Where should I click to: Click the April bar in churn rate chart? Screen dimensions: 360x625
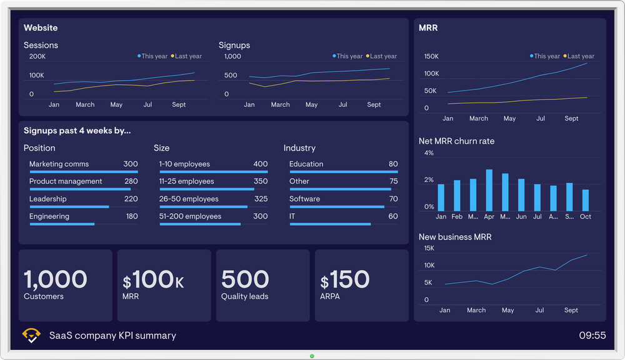(489, 191)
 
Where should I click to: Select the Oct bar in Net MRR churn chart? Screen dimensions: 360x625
(586, 201)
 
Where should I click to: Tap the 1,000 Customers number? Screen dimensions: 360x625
(56, 279)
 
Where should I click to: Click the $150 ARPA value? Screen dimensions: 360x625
(345, 279)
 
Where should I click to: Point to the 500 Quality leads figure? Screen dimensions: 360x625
(245, 279)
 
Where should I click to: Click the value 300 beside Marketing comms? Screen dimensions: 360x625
(130, 164)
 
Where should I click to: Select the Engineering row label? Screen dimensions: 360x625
(49, 216)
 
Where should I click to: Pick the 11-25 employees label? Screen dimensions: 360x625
(186, 181)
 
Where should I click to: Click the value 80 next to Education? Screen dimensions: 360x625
(393, 164)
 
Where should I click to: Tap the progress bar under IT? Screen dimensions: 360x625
(329, 224)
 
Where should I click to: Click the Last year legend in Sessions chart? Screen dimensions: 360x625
(186, 56)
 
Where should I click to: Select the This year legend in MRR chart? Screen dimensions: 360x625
(544, 56)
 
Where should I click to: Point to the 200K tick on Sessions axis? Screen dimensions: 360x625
(37, 56)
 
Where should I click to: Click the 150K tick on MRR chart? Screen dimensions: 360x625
(431, 56)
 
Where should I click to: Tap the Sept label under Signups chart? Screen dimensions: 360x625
(374, 104)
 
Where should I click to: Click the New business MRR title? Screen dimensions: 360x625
(455, 237)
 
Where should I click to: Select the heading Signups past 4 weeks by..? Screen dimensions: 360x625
(77, 131)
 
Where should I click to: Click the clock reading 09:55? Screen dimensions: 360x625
(592, 336)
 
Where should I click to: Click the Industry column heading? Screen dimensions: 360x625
(299, 148)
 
